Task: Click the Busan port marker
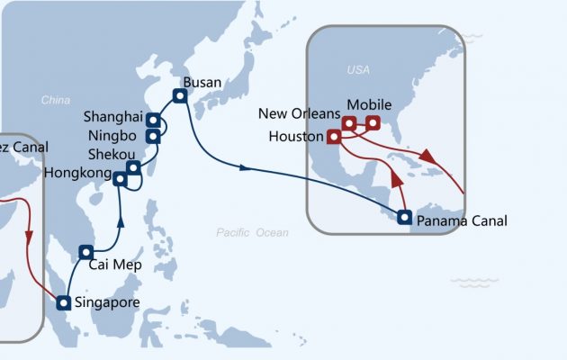(x=180, y=95)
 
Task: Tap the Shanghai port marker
(x=154, y=120)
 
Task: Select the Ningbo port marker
(x=154, y=136)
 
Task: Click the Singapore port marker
(x=63, y=303)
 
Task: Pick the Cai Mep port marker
(x=86, y=252)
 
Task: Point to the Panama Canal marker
(x=405, y=216)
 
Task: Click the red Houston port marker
(x=333, y=137)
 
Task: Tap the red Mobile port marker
(x=372, y=122)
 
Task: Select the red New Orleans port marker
(x=349, y=123)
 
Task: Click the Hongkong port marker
(x=120, y=178)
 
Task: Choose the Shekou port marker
(x=133, y=167)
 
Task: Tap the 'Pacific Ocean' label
(x=253, y=233)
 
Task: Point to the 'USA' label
(x=359, y=69)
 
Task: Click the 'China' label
(x=56, y=101)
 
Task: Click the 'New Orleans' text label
(x=299, y=113)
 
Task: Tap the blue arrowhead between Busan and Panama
(x=246, y=166)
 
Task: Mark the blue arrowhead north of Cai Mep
(x=121, y=220)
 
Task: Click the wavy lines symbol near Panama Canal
(x=474, y=282)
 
